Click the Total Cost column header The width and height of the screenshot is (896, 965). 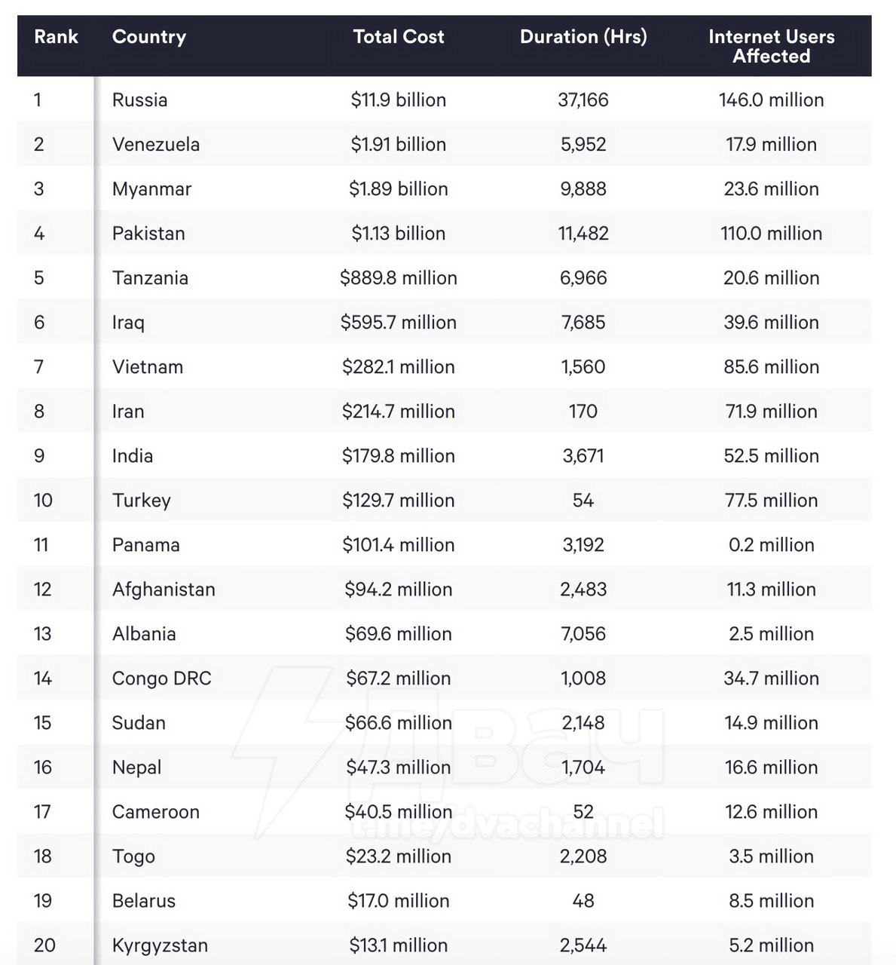398,37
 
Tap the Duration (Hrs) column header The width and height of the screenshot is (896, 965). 583,37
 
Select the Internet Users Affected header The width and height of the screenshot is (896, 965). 771,46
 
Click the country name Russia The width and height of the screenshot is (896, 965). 139,100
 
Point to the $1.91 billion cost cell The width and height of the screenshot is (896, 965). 398,145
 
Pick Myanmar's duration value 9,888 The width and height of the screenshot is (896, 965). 583,189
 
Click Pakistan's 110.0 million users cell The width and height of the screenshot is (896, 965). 771,234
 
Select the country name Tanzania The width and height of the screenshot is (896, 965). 150,278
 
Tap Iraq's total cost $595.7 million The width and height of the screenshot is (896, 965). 398,323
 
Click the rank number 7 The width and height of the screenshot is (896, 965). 39,367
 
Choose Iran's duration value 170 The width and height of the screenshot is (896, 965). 583,412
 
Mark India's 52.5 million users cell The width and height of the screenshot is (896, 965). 771,456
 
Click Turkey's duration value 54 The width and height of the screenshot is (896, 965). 583,501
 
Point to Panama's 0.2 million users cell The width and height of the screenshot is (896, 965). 771,545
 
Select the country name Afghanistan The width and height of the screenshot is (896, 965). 164,590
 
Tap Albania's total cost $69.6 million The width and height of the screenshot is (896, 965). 398,634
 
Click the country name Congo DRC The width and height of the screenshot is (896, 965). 161,679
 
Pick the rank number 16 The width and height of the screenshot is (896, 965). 43,767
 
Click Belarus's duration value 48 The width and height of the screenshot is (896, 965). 583,901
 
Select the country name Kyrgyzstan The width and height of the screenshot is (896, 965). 160,945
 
